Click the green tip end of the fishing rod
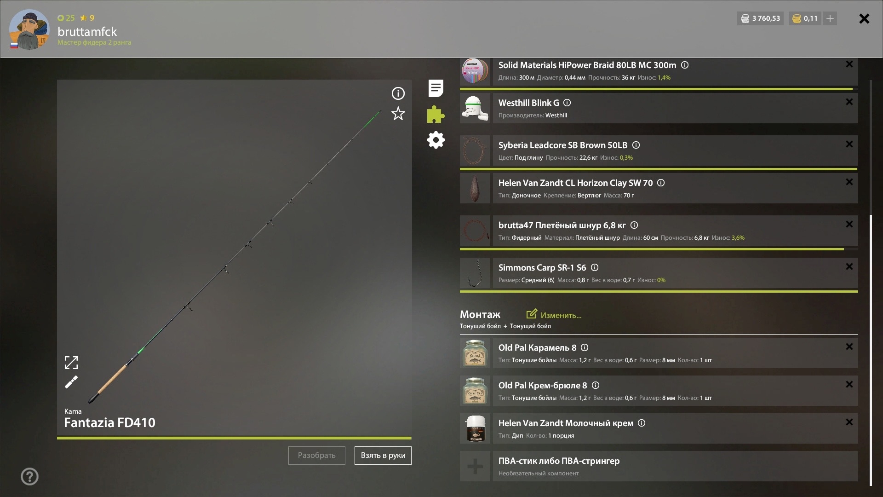click(380, 111)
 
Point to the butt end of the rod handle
click(90, 401)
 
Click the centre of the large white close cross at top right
click(864, 18)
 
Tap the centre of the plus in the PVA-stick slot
click(475, 467)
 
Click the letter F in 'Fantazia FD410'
click(68, 422)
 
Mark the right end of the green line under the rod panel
click(411, 438)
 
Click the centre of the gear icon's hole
click(436, 140)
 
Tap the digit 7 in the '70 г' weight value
click(625, 196)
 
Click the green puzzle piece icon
click(436, 115)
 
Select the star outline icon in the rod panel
click(398, 114)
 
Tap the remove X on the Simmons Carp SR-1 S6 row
click(849, 266)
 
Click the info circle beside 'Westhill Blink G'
click(567, 103)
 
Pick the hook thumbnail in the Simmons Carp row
click(475, 273)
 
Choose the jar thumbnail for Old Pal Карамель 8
click(475, 353)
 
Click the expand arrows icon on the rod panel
click(71, 363)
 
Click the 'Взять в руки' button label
click(383, 456)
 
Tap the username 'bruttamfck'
click(87, 32)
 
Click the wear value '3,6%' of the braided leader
click(738, 238)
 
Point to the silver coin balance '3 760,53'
click(766, 18)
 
